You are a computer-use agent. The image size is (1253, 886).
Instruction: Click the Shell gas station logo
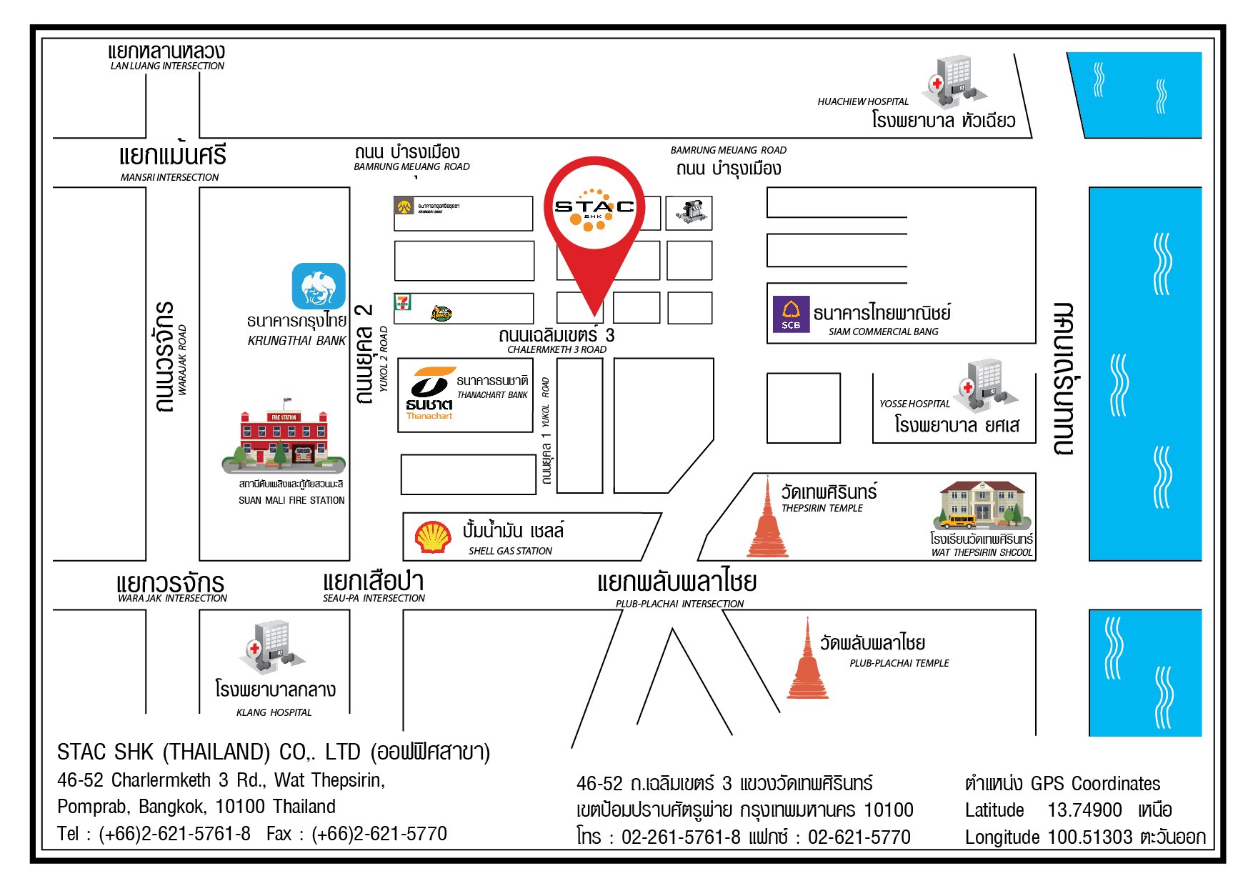pos(433,537)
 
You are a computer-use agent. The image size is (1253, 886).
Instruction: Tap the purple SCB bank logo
pos(791,314)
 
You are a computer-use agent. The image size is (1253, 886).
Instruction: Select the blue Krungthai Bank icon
pos(319,287)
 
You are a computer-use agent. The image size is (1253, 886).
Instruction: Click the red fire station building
pos(284,437)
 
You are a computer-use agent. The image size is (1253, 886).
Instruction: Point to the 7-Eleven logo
pos(403,302)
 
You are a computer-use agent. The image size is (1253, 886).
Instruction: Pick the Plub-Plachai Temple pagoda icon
pos(807,661)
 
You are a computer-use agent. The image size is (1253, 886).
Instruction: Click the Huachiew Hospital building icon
pos(955,79)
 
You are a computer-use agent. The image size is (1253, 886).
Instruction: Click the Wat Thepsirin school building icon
pos(982,505)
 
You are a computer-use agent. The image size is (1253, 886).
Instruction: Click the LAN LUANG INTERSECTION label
pos(167,66)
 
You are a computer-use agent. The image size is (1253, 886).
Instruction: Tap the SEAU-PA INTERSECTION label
pos(374,598)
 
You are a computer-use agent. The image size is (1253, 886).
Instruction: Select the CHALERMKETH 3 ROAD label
pos(556,349)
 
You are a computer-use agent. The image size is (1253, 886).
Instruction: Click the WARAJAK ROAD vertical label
pos(182,359)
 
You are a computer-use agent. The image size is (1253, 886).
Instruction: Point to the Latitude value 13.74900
pos(1084,810)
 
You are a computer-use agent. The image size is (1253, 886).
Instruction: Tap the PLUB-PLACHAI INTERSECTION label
pos(679,604)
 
